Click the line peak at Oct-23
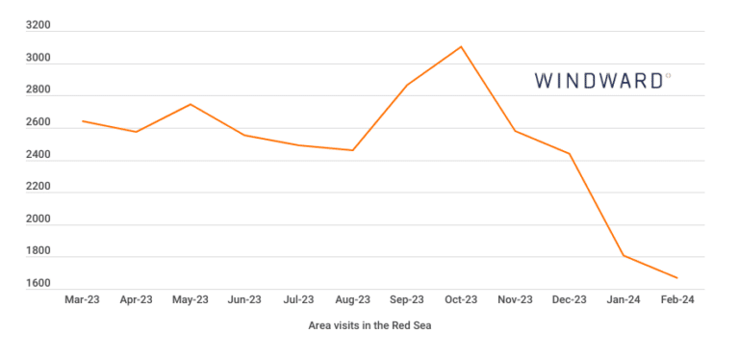pos(461,46)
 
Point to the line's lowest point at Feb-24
pos(677,278)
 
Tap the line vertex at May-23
pos(191,104)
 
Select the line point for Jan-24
pos(624,255)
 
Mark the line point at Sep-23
pos(407,85)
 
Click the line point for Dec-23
pos(570,154)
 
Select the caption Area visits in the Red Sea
pos(370,325)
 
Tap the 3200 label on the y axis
pos(38,26)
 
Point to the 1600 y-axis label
pos(38,284)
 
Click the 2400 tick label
pos(38,155)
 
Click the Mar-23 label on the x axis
pos(82,299)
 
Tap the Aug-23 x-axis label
pos(352,299)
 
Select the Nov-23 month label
pos(515,299)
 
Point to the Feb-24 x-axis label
pos(677,299)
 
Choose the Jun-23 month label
pos(244,299)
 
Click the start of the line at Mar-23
pos(83,121)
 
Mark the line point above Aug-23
pos(353,150)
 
